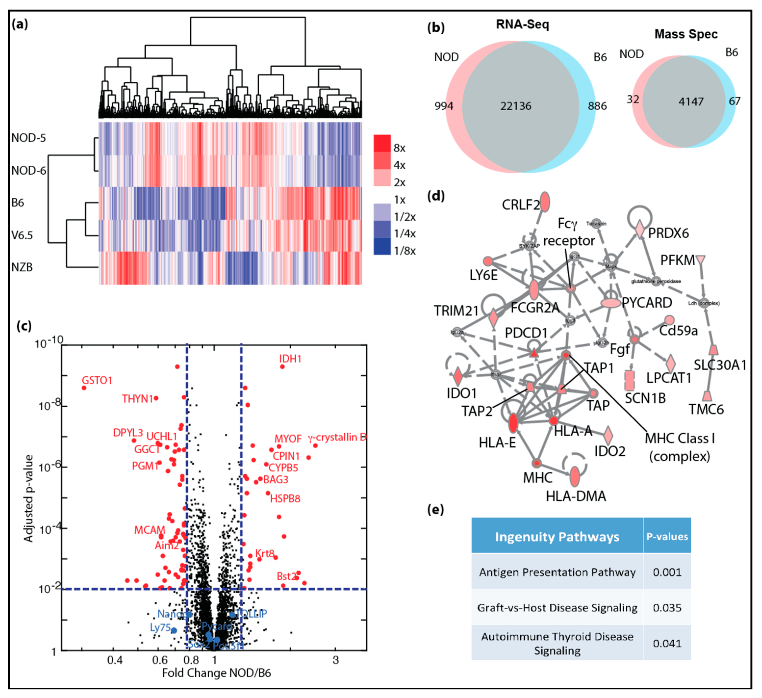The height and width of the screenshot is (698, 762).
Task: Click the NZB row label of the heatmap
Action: [22, 267]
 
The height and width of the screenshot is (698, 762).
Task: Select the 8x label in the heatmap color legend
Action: [399, 148]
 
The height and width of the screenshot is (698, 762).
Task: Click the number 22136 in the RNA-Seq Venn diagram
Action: [516, 106]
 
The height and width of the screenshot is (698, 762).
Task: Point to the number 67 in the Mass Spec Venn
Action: [734, 101]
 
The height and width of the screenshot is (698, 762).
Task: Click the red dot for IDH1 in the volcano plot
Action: [282, 367]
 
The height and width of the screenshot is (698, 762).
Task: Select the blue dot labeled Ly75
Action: [174, 630]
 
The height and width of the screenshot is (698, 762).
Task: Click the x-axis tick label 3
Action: [335, 660]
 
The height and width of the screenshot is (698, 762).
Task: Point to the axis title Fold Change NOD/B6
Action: [216, 673]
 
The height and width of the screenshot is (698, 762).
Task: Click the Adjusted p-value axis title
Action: [29, 498]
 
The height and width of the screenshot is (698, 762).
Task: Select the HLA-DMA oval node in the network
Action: [574, 477]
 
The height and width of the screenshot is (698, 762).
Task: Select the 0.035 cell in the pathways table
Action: [667, 608]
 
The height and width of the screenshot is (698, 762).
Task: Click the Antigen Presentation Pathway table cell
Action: [557, 572]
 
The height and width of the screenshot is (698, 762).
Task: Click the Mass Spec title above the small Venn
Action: [686, 34]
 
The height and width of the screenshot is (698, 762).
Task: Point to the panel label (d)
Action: [435, 196]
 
